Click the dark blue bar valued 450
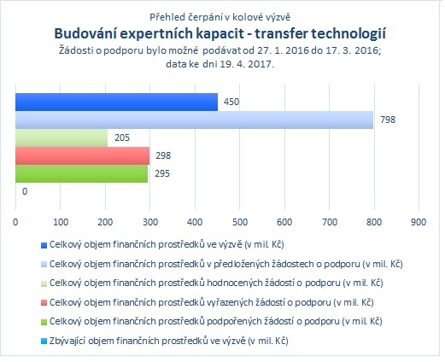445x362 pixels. coord(116,102)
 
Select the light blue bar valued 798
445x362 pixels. coord(194,120)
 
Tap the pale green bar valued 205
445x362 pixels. coord(61,137)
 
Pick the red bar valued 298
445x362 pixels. coord(82,155)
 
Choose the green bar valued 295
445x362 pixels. coord(82,173)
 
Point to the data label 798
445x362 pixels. coord(388,120)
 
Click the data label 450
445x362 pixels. coord(231,102)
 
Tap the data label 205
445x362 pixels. coord(122,137)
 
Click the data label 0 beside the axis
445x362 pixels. coord(25,191)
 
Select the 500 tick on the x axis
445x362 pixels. coord(240,222)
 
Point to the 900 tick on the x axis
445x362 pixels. coord(419,222)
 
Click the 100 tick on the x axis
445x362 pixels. coord(61,222)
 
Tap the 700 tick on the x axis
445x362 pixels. coord(330,222)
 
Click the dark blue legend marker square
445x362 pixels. coord(44,245)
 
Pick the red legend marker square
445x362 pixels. coord(44,303)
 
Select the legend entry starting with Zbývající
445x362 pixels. coord(169,341)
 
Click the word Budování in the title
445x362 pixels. coord(85,33)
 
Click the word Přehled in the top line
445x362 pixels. coord(167,17)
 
